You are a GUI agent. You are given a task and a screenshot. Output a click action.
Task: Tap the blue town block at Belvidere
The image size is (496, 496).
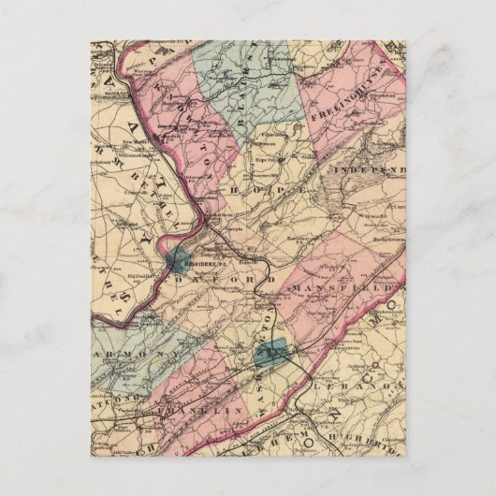(x=181, y=263)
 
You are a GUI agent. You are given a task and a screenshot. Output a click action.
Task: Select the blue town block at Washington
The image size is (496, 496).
(x=270, y=354)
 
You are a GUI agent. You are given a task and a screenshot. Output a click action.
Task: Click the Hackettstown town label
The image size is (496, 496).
(x=385, y=241)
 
